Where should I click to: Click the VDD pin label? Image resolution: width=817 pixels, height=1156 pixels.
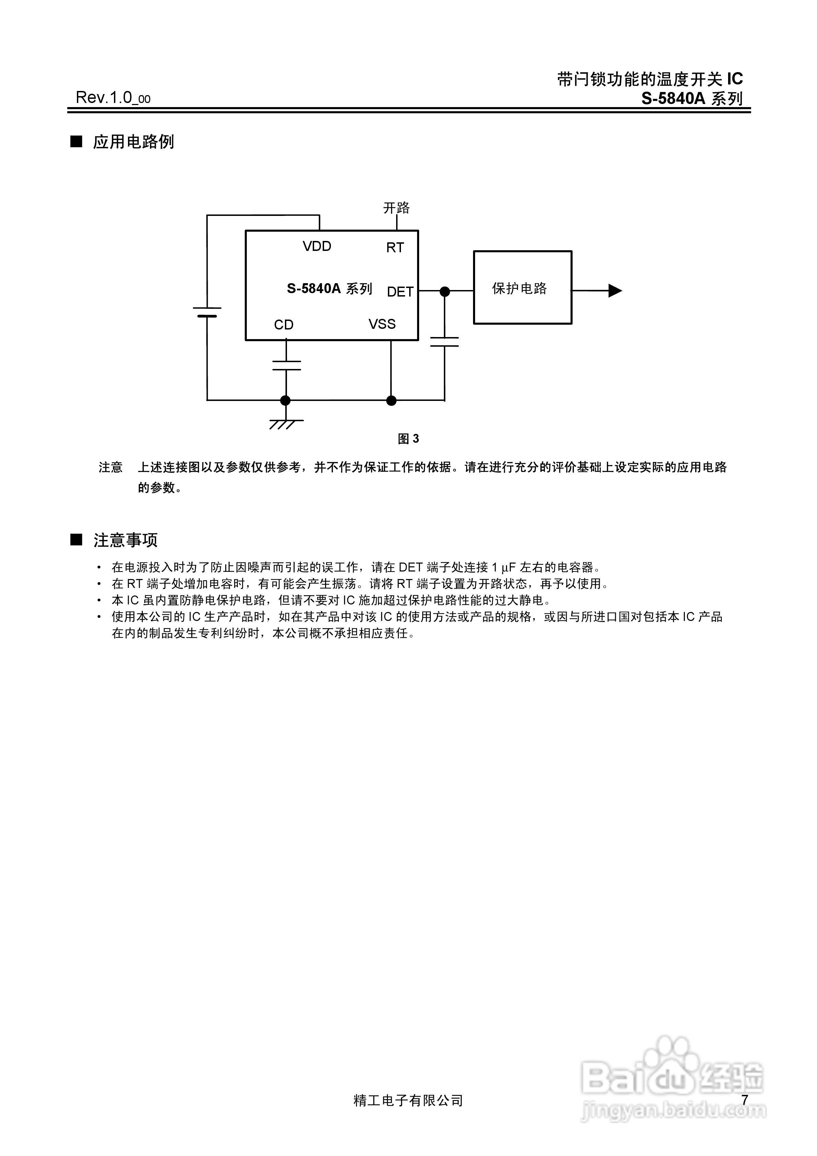[x=317, y=246]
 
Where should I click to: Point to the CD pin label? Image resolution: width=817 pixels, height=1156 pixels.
[x=284, y=325]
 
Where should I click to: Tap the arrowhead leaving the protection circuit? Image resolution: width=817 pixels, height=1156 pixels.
[x=615, y=290]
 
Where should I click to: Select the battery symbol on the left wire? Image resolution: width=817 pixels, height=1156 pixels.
[x=207, y=312]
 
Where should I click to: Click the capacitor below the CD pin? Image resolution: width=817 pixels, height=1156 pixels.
[x=286, y=366]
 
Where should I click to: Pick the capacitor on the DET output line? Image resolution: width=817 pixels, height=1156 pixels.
[x=444, y=342]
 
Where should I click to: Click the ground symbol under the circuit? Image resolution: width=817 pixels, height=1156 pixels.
[x=285, y=424]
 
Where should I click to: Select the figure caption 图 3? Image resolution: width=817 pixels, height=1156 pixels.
[x=408, y=439]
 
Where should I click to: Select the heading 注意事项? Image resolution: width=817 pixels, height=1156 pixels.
[x=125, y=540]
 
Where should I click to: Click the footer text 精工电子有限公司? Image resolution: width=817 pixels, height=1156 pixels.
[x=408, y=1101]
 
